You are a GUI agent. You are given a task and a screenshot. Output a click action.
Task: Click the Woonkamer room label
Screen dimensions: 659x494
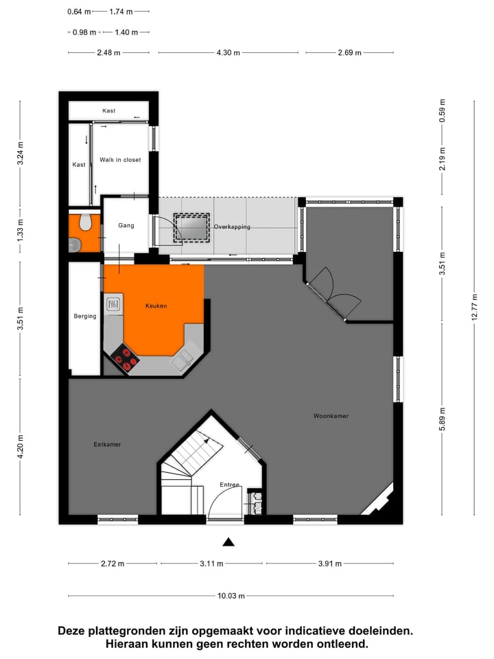tap(331, 416)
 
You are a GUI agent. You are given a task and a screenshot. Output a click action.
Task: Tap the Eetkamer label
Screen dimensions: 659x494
tap(107, 444)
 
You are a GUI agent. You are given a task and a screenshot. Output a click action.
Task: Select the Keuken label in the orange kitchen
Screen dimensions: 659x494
tap(156, 305)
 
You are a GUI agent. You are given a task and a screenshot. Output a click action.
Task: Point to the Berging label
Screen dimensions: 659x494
tap(85, 316)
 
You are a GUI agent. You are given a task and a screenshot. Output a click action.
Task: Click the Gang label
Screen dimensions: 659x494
tap(126, 225)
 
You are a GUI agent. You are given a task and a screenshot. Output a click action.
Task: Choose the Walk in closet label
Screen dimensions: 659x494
tap(120, 160)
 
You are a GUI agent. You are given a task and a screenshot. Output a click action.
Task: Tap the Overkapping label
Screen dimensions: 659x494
tap(232, 227)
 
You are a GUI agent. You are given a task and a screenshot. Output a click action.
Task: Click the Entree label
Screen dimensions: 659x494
tap(229, 485)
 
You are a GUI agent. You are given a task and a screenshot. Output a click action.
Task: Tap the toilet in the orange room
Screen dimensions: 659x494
tap(86, 222)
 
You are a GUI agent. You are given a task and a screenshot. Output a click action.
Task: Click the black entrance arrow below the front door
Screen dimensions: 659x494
tap(228, 542)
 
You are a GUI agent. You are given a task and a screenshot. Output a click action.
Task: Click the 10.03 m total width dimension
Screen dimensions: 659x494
tap(231, 596)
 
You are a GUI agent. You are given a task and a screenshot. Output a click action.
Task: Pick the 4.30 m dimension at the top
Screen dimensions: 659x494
tap(231, 52)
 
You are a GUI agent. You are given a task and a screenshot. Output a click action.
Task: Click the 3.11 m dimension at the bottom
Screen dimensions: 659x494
tap(211, 564)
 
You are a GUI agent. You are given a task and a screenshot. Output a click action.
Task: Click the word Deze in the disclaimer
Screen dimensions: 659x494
tap(73, 630)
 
